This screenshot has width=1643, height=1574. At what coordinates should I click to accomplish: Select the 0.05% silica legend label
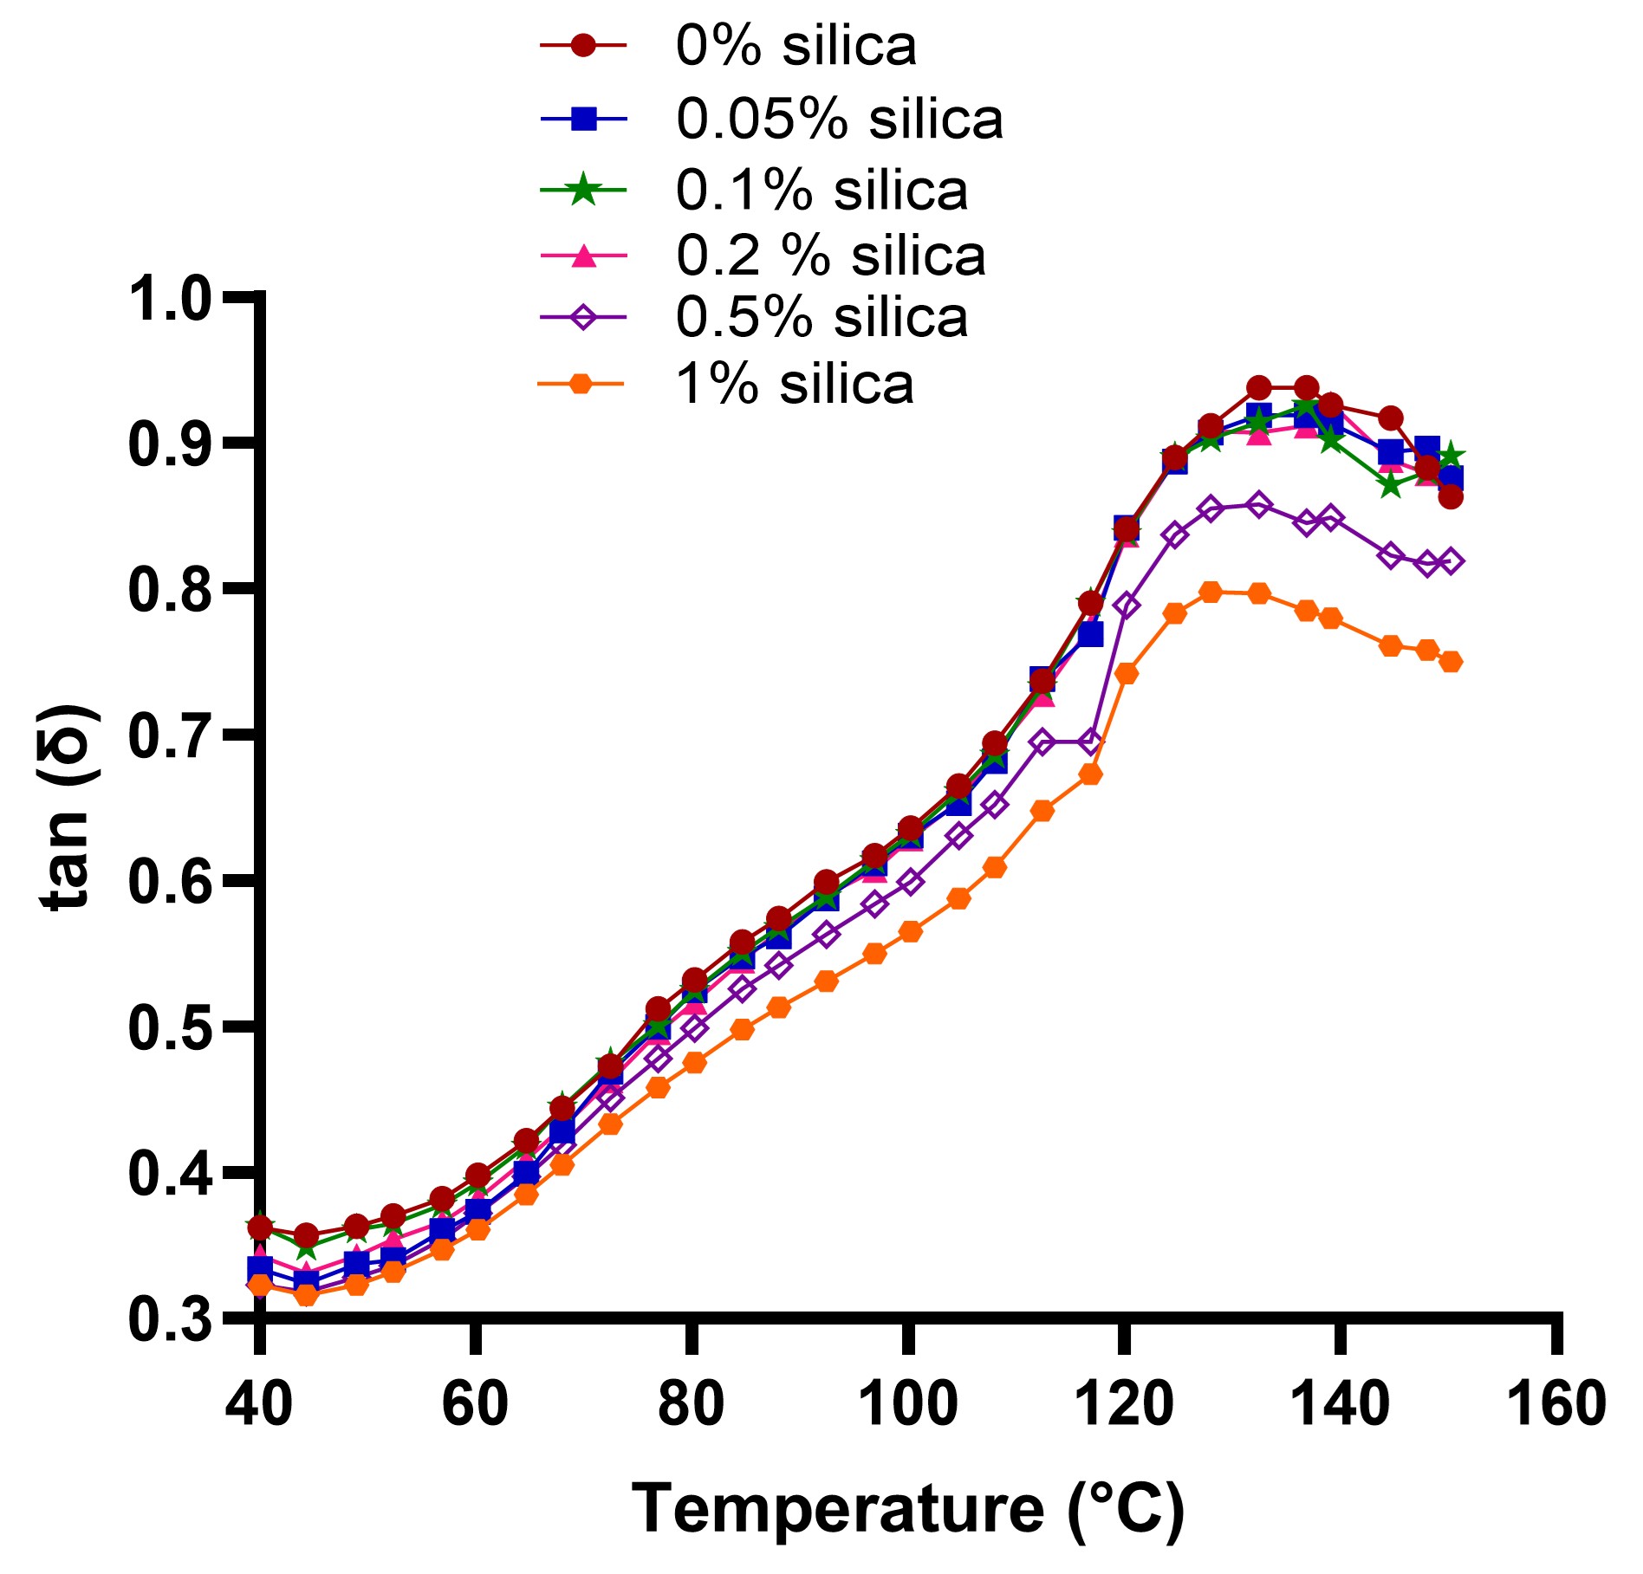coord(839,119)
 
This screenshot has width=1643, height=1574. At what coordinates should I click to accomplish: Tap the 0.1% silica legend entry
coord(821,191)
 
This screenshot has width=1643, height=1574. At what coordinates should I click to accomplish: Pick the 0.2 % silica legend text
coord(830,256)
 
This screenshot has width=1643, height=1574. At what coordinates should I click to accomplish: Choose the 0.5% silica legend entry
coord(821,318)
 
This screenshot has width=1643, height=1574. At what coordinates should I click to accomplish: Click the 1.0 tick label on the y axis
coord(170,300)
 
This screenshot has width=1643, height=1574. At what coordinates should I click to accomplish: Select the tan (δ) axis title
coord(68,807)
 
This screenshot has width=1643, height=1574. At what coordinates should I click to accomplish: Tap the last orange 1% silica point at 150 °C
coord(1451,662)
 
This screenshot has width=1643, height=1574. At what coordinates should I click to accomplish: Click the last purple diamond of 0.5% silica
coord(1451,561)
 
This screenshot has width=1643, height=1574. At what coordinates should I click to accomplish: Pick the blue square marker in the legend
coord(584,119)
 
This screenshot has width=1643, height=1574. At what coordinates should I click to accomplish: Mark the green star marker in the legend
coord(584,190)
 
